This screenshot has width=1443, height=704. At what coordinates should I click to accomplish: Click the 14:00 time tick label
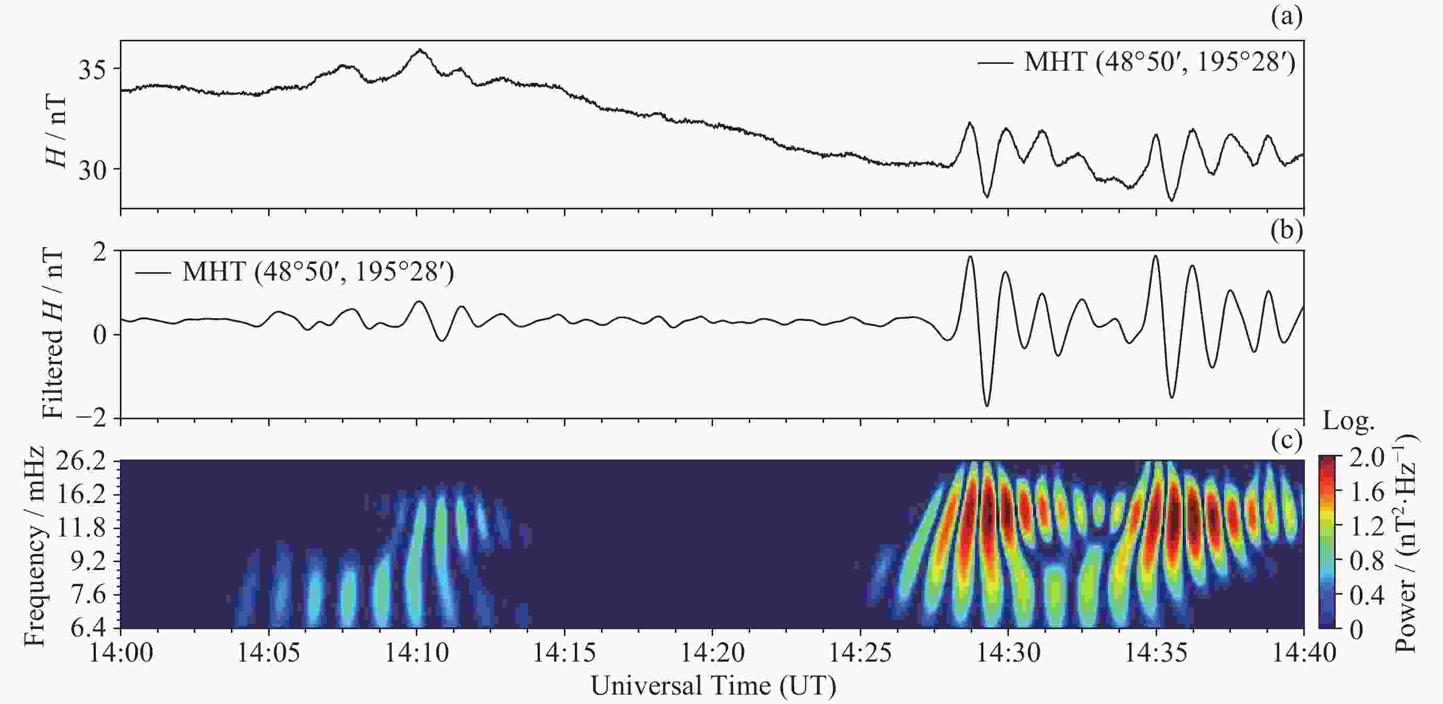(121, 653)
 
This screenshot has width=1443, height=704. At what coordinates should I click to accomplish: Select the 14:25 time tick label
(860, 653)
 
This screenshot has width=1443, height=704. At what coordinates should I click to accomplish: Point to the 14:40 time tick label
(1304, 653)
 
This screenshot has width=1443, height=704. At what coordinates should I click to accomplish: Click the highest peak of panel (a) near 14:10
(419, 50)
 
